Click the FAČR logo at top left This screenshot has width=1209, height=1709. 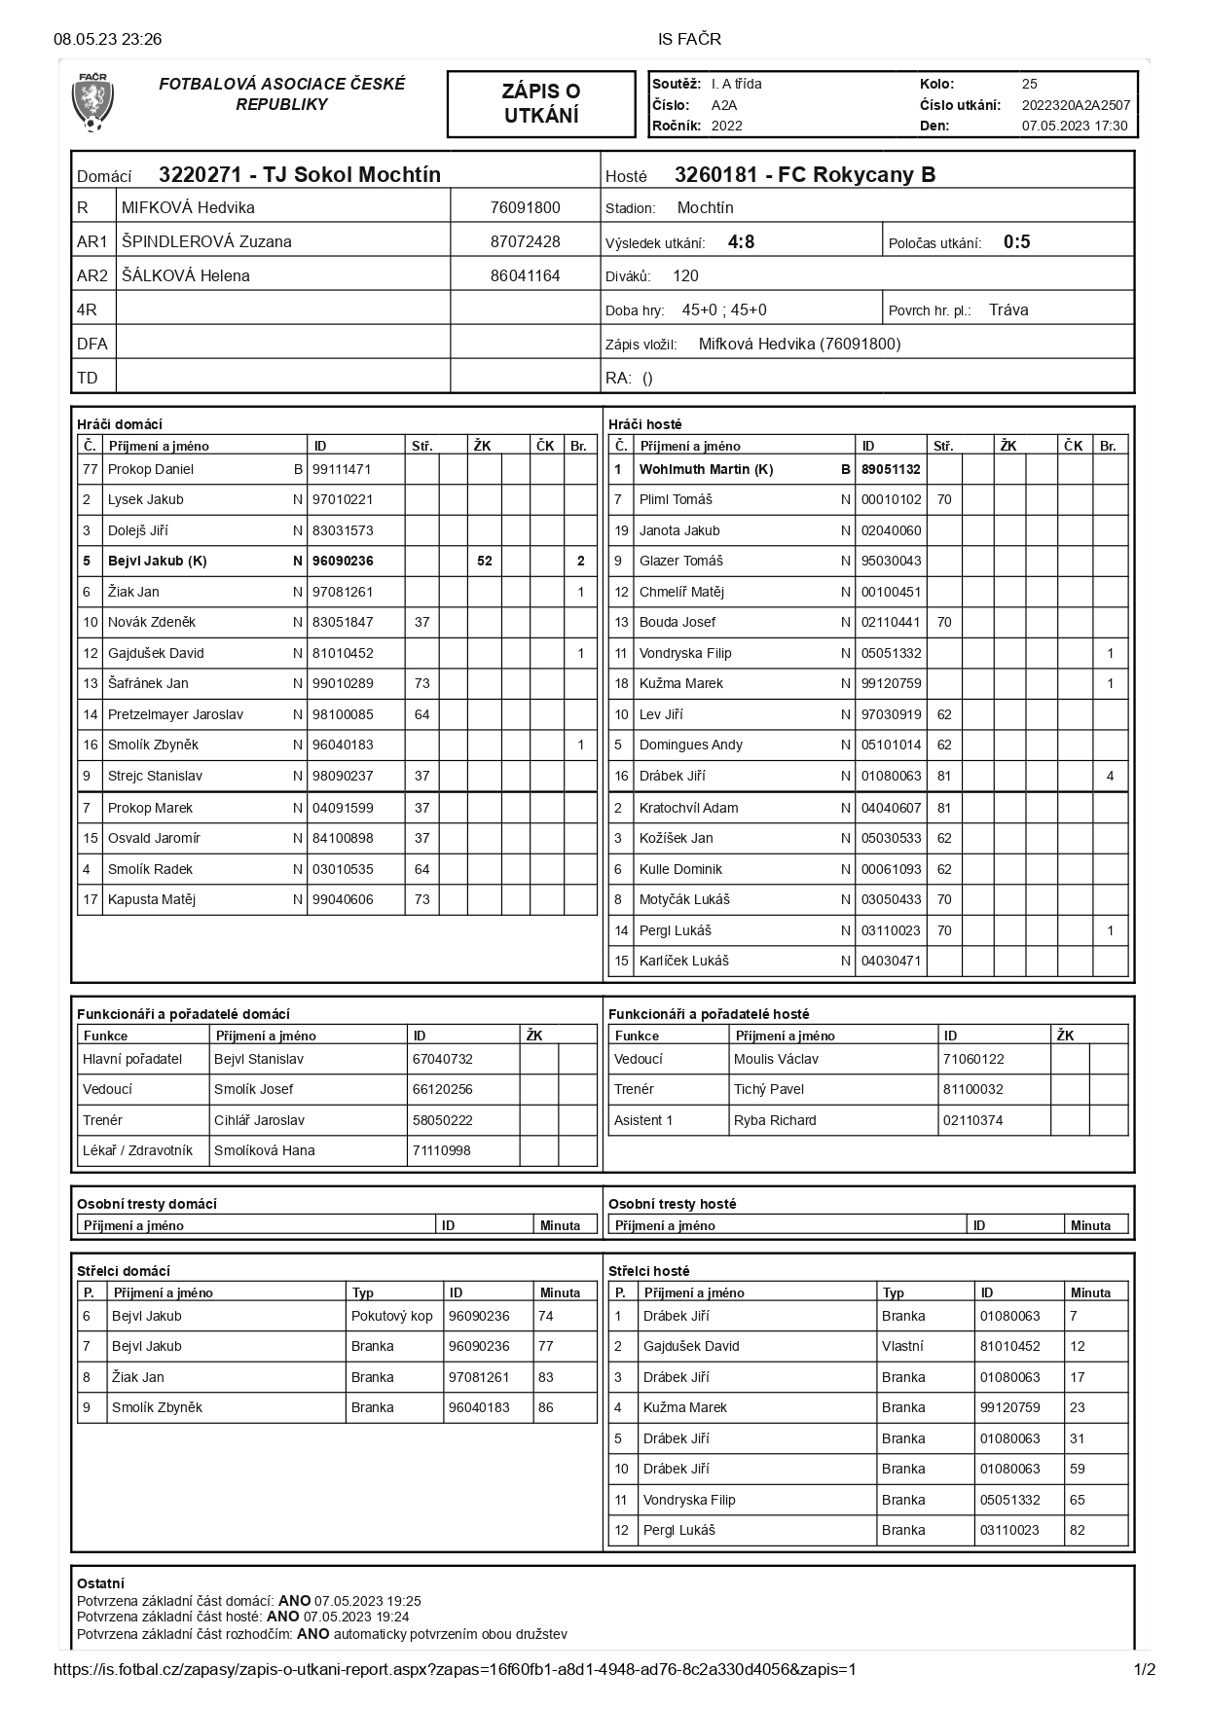click(92, 102)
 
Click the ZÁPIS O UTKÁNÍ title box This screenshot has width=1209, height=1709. click(540, 103)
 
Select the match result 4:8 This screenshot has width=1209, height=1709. click(741, 242)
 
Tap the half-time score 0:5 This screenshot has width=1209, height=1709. click(1016, 242)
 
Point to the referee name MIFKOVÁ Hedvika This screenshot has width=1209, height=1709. click(188, 207)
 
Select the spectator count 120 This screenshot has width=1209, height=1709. click(685, 275)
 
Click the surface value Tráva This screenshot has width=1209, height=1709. click(1007, 309)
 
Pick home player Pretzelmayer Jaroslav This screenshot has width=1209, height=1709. click(175, 714)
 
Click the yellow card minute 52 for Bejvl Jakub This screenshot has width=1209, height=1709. click(484, 561)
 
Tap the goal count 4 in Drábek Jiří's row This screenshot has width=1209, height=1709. click(1110, 776)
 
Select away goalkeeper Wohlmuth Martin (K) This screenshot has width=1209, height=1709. click(706, 469)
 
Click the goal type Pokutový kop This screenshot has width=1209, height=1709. click(391, 1316)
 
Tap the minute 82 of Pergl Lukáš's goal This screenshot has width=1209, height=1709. click(1077, 1530)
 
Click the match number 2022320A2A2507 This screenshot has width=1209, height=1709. click(1076, 105)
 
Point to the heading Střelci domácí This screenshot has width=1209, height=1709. click(124, 1271)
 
